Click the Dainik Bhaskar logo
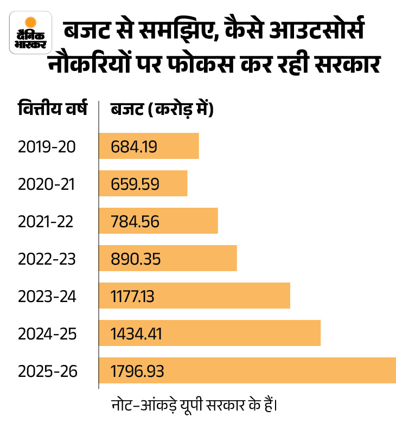31,34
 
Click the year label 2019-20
48,146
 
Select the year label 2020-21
48,184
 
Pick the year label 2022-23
48,259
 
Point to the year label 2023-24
48,296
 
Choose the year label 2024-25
48,334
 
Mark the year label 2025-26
48,371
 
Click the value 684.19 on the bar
134,146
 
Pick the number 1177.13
133,296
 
